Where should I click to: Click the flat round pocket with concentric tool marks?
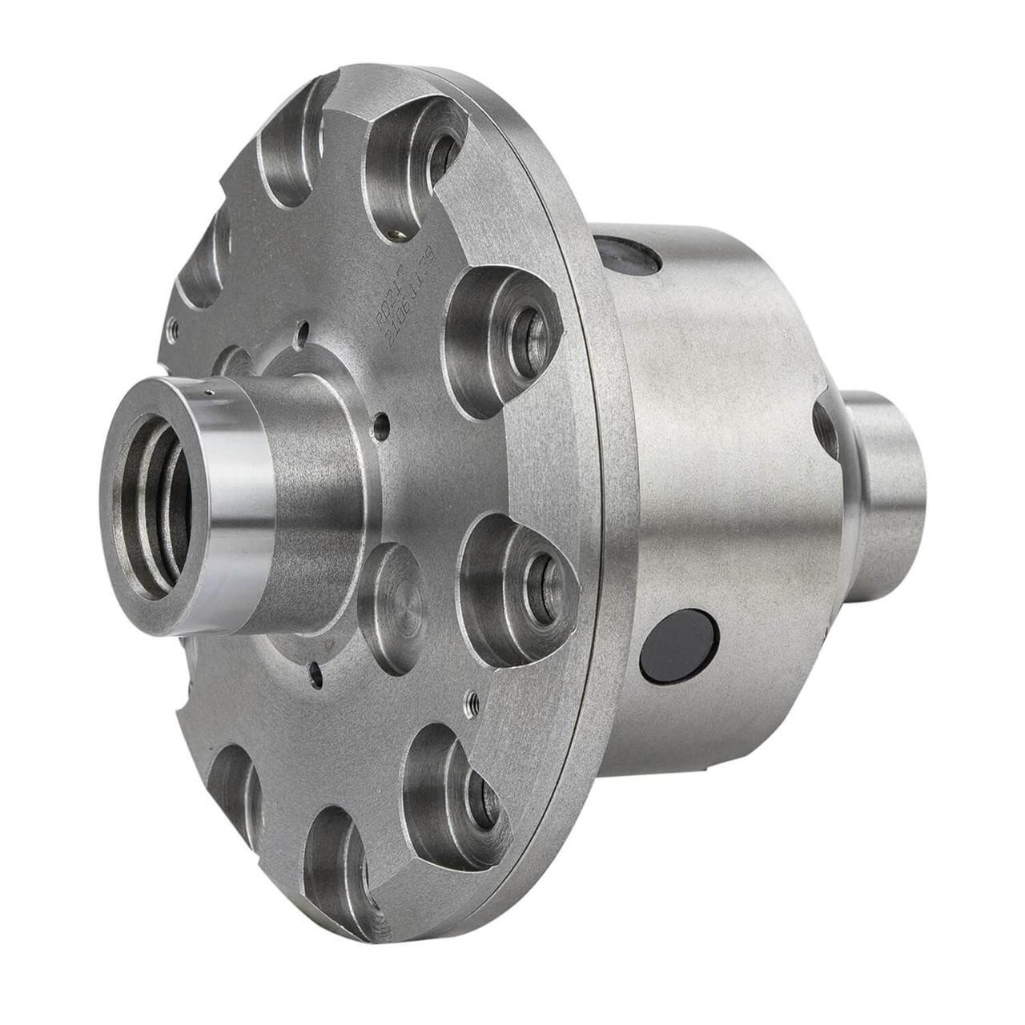(x=392, y=607)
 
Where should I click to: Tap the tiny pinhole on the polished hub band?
(x=207, y=392)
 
